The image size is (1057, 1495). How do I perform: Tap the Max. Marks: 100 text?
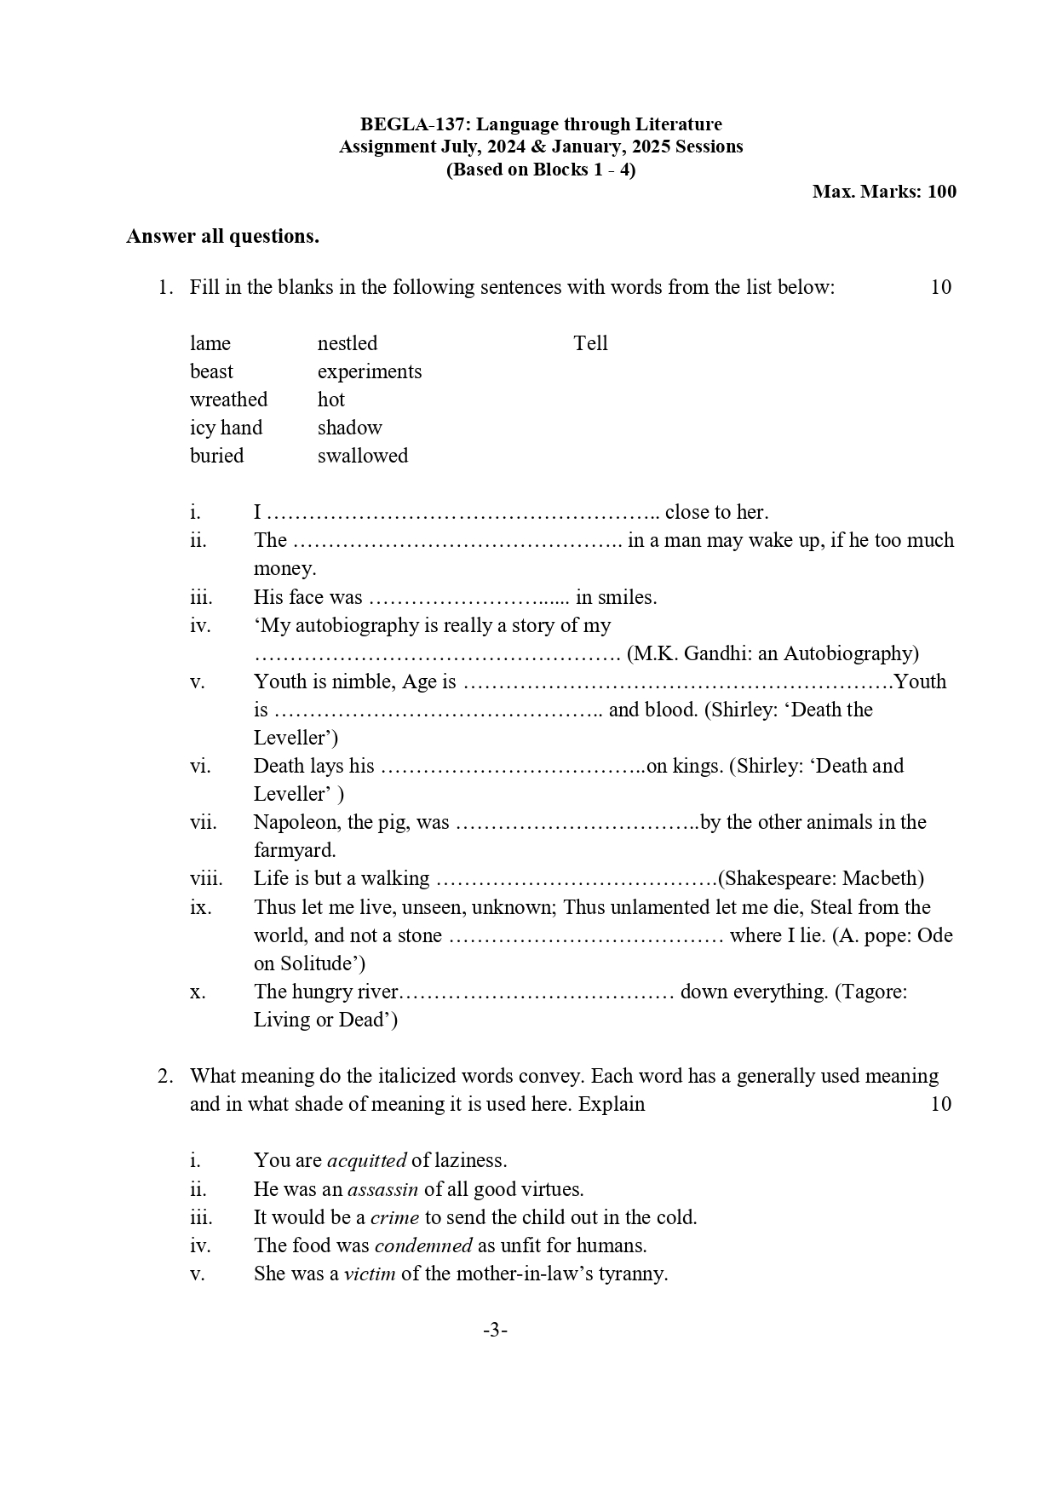pos(884,192)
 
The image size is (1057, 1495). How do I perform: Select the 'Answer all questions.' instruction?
pos(222,237)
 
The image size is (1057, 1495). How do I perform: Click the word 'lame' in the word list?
pos(210,343)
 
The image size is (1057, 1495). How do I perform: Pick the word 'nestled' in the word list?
pos(347,343)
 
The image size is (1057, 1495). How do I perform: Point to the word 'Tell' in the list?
pos(590,343)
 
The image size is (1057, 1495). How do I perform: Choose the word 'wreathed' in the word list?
pos(228,400)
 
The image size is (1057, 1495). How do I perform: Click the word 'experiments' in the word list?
pos(369,371)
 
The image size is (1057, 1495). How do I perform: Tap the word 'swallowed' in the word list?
pos(362,456)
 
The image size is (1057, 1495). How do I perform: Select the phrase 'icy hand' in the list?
pos(226,428)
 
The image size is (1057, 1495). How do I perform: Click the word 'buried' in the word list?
pos(216,456)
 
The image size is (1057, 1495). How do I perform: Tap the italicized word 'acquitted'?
pos(366,1160)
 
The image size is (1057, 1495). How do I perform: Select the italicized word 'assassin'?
pos(382,1189)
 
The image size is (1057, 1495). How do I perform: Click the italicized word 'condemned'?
pos(422,1245)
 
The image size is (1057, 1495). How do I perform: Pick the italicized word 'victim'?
pos(369,1274)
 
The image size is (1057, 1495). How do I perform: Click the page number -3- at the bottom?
pos(495,1330)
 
